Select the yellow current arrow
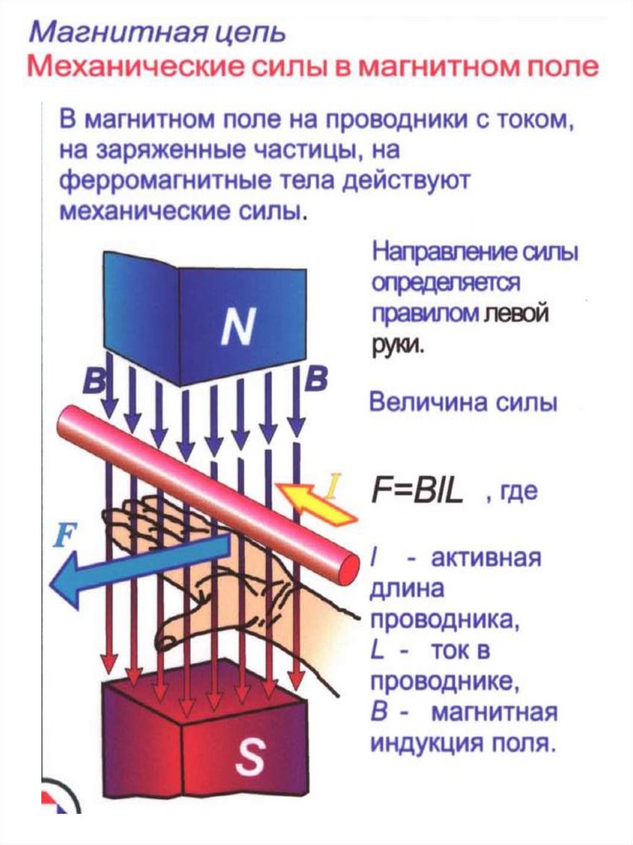[x=318, y=503]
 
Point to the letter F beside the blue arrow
[x=64, y=538]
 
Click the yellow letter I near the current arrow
[x=332, y=486]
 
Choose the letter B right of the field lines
[x=316, y=380]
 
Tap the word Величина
[x=420, y=404]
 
